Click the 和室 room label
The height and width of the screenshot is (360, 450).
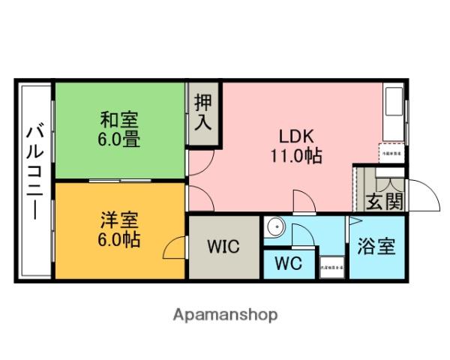120,119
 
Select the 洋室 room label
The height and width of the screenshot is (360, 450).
120,222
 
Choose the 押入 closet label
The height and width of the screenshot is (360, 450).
202,112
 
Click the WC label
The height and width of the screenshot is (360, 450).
289,264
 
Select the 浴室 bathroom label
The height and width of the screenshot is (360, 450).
376,247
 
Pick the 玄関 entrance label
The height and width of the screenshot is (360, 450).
385,201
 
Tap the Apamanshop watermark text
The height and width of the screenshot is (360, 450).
226,314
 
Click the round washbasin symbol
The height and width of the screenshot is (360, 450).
275,225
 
